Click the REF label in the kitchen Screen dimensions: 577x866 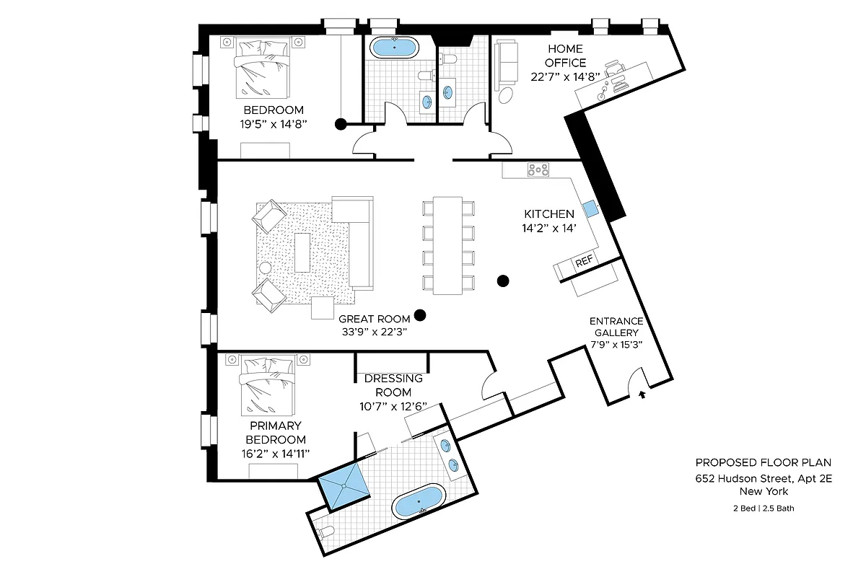[583, 263]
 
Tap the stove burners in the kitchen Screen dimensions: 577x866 [538, 170]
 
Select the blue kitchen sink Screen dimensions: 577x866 [590, 208]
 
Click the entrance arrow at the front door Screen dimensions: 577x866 [643, 394]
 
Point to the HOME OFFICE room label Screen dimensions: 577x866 [565, 56]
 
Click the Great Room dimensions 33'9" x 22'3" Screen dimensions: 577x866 [375, 332]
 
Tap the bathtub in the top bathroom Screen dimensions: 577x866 [393, 48]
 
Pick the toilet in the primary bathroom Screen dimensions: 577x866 [325, 533]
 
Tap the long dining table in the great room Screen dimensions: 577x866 [447, 245]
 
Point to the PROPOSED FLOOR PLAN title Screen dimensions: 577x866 [764, 462]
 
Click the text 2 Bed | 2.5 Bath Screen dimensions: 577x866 [764, 508]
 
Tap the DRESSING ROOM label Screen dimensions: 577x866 [393, 385]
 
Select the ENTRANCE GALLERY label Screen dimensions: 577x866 [616, 327]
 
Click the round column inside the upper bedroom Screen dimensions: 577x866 [340, 124]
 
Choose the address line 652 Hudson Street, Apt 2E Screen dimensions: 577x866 [764, 478]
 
